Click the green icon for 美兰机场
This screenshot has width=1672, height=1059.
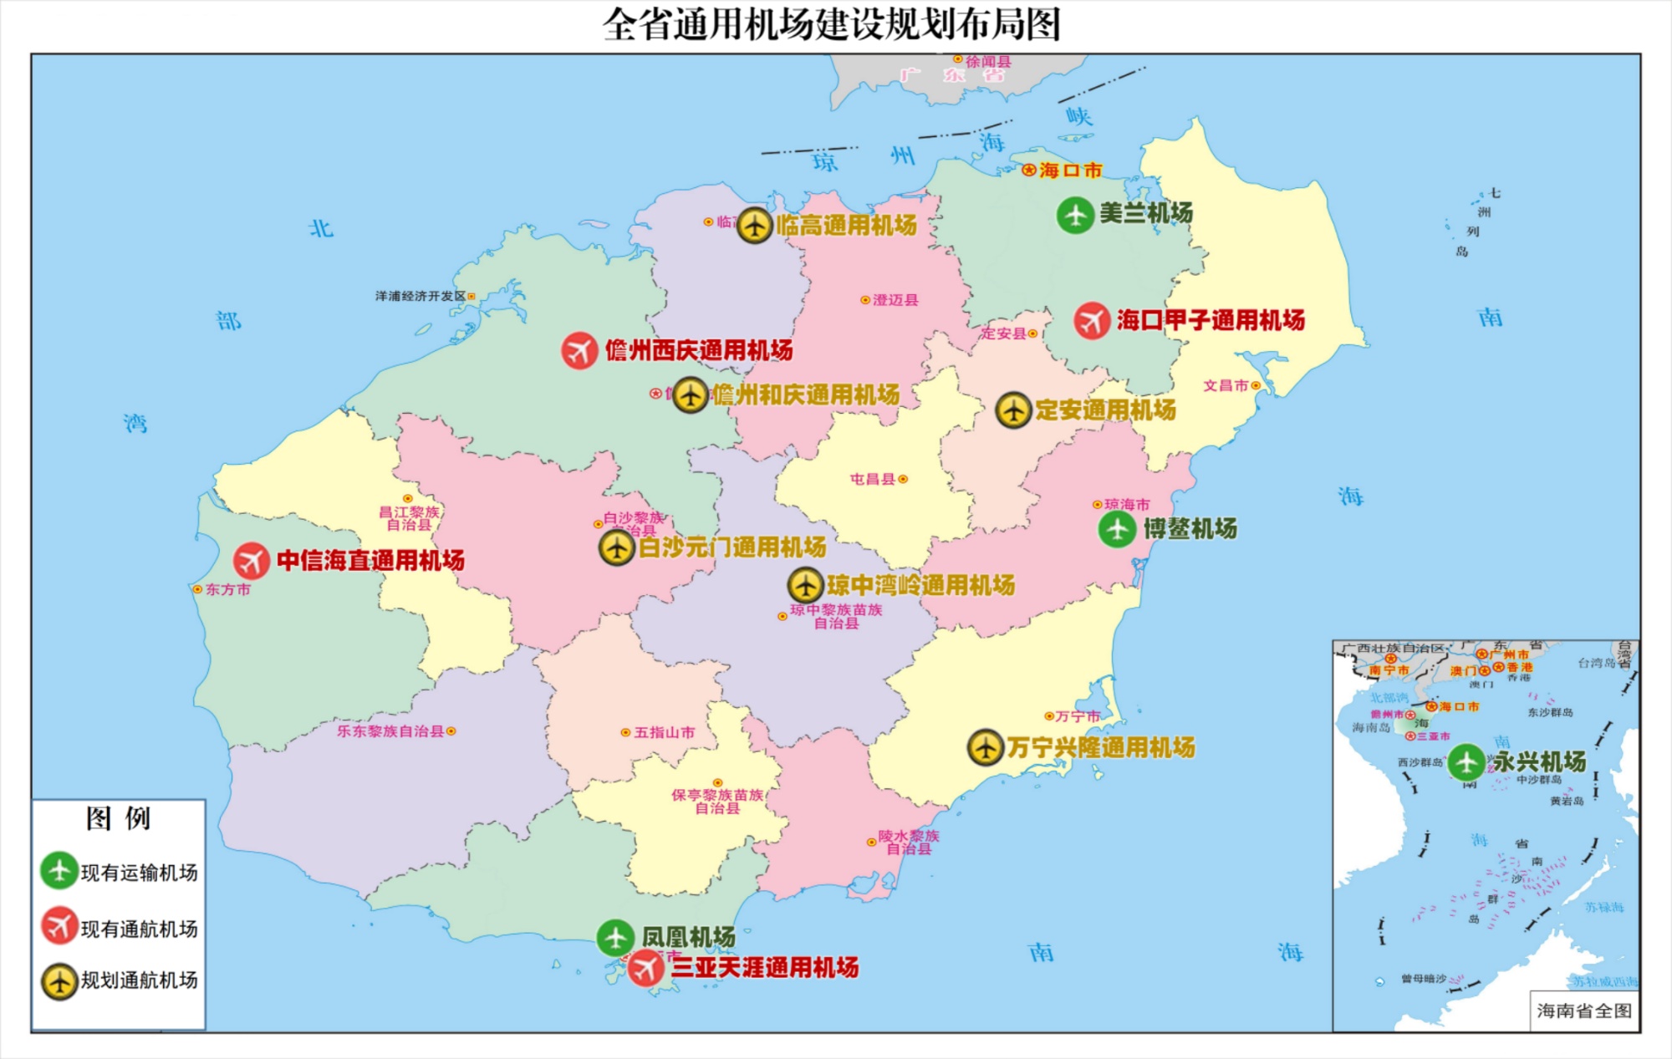click(x=1075, y=215)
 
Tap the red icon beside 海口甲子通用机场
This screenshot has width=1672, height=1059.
click(x=1092, y=320)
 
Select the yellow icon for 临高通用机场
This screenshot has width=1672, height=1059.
click(x=754, y=225)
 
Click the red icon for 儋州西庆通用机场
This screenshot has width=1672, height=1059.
click(x=579, y=350)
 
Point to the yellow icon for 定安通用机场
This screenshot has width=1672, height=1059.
click(x=1013, y=410)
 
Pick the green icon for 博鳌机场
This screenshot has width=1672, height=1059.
click(x=1117, y=529)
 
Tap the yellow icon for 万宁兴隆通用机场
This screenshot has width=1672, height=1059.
click(x=986, y=746)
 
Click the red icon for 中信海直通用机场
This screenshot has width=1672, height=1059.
click(x=251, y=561)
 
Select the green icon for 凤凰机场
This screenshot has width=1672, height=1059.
click(x=615, y=938)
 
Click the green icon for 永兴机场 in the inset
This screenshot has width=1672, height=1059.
click(x=1466, y=762)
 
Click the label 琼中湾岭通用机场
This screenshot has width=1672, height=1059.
click(x=920, y=585)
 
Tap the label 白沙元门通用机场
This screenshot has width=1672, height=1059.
click(x=732, y=547)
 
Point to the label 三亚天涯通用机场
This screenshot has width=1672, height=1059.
click(x=764, y=968)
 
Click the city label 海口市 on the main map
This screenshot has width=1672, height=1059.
click(x=1070, y=171)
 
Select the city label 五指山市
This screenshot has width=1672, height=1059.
click(x=664, y=732)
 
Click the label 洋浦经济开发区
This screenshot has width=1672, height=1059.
click(x=421, y=296)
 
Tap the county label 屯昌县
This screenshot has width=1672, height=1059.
click(x=873, y=479)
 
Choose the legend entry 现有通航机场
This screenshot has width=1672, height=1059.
click(x=139, y=929)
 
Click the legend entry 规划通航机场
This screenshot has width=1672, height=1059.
click(x=139, y=980)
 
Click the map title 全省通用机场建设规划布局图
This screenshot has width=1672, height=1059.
click(x=831, y=24)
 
